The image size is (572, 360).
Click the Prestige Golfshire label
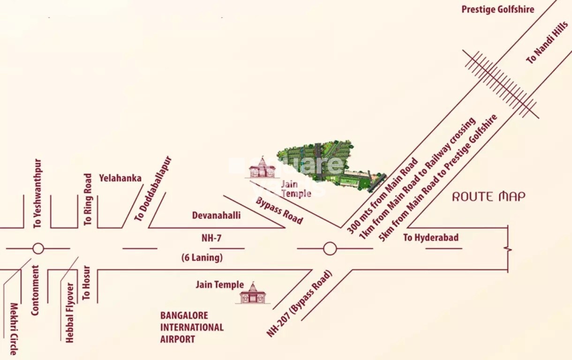497,9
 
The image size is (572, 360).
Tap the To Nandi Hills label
547,43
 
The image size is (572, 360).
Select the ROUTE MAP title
489,196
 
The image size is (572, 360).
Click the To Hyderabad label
431,238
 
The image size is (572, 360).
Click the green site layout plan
328,164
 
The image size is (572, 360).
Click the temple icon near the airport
253,293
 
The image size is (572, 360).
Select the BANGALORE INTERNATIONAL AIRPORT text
192,327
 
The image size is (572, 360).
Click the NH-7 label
211,238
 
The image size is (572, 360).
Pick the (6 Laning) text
202,257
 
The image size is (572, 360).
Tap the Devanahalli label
216,215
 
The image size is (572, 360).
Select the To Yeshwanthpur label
38,194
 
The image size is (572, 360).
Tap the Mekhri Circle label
14,329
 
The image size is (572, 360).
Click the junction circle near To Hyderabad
330,248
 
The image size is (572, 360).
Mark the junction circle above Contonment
38,248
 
